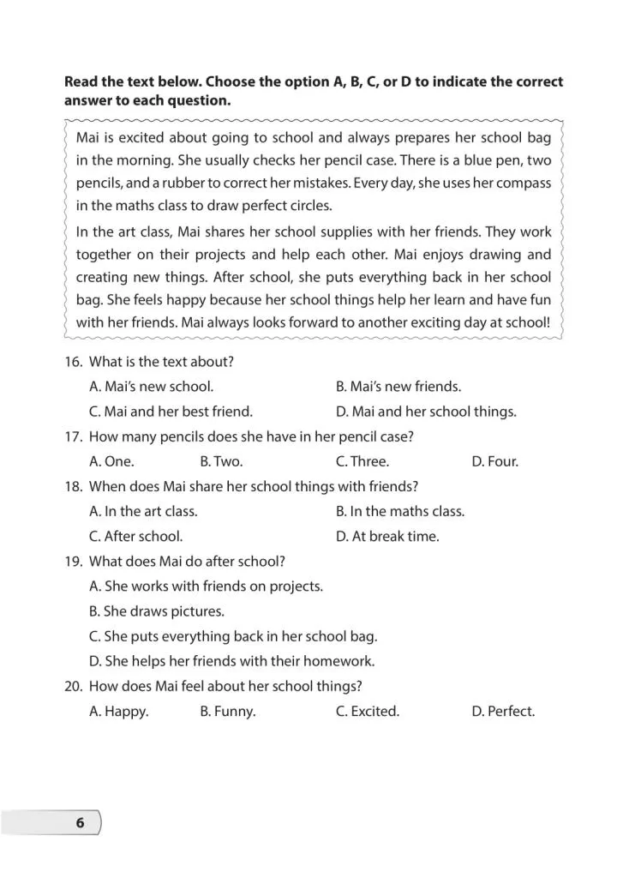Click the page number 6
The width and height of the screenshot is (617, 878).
coord(81,823)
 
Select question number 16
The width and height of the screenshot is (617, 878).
coord(73,362)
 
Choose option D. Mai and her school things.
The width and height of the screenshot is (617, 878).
coord(426,412)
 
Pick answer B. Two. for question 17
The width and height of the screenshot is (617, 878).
coord(221,461)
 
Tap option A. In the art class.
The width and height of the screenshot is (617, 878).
coord(143,511)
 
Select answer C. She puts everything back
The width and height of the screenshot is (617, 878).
coord(233,636)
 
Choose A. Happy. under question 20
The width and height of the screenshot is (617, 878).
coord(119,712)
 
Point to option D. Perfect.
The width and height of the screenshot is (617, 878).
coord(503,712)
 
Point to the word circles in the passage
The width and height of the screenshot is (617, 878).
coord(307,206)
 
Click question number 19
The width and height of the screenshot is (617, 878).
coord(73,562)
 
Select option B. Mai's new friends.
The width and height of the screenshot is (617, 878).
coord(398,387)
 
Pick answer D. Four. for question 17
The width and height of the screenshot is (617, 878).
coord(494,461)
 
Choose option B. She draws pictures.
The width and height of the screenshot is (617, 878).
coord(157,611)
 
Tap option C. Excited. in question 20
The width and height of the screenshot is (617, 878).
coord(368,712)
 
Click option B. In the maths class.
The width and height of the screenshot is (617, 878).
coord(400,511)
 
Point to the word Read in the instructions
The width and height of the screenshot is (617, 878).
coord(82,82)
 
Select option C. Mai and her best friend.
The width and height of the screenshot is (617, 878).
coord(171,412)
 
